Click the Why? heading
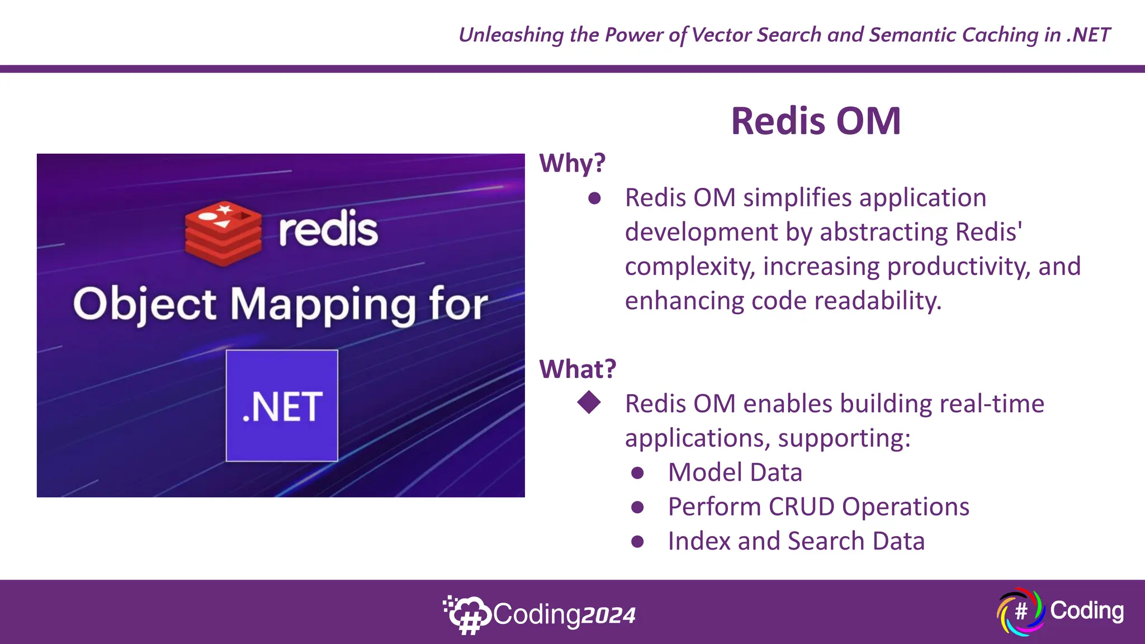(572, 163)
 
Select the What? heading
(577, 369)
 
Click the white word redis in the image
(328, 229)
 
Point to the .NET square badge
(282, 406)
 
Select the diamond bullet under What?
(589, 402)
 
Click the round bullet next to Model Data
(637, 473)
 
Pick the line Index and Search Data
(796, 541)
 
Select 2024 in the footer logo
(608, 615)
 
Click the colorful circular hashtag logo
(1020, 612)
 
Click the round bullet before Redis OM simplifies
(594, 198)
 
